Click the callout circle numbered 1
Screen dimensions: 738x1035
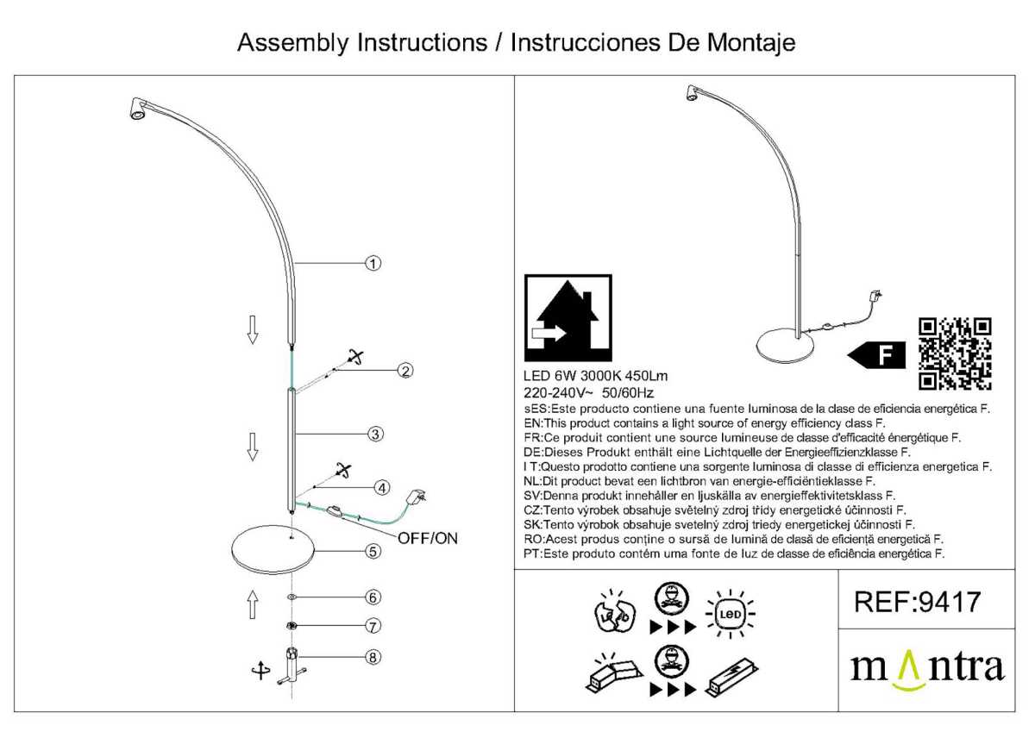coord(372,263)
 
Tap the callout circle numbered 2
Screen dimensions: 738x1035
coord(405,372)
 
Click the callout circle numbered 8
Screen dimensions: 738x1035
coord(372,657)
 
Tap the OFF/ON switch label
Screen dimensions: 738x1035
coord(428,539)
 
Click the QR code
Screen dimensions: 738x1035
coord(955,354)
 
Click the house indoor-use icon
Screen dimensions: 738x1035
coord(568,318)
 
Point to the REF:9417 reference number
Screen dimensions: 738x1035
coord(918,601)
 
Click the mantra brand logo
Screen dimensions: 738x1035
coord(928,670)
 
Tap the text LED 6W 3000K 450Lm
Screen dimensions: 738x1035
coord(596,377)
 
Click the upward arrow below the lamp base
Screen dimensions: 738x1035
coord(253,604)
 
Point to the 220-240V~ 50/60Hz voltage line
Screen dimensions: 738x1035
coord(589,392)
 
